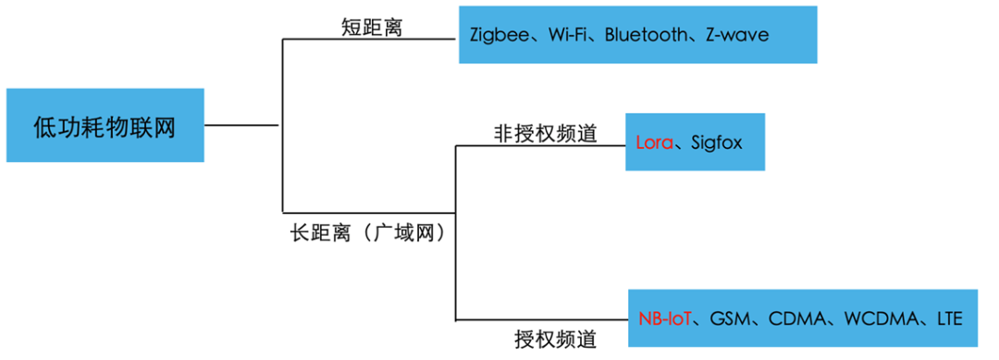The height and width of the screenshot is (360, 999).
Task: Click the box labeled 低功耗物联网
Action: click(105, 126)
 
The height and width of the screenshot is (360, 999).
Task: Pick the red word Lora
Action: click(655, 143)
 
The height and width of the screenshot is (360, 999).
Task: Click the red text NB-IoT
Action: click(665, 319)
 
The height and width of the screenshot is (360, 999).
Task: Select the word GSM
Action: click(730, 319)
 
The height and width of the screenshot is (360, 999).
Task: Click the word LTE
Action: click(949, 319)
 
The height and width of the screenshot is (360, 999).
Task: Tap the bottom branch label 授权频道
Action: click(556, 339)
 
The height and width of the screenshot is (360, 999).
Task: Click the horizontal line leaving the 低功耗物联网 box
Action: click(241, 125)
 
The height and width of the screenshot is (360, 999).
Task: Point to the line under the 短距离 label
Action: click(370, 40)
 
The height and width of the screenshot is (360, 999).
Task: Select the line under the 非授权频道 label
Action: click(541, 146)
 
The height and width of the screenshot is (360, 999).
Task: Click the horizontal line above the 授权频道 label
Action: click(541, 320)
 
